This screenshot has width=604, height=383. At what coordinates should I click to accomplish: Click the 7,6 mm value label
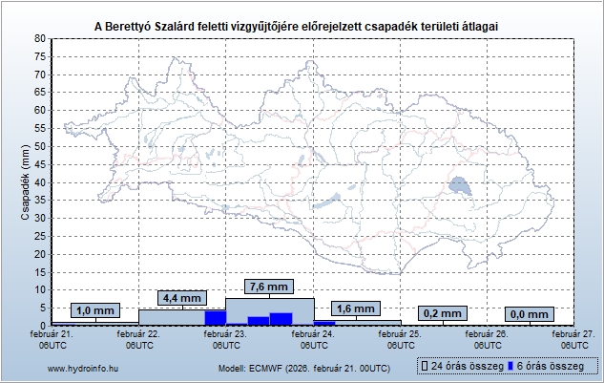click(267, 287)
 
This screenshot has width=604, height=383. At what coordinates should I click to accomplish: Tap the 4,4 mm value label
click(180, 298)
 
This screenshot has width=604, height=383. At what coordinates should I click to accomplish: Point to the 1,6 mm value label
click(355, 309)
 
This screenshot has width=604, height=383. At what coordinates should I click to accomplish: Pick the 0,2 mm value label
click(441, 313)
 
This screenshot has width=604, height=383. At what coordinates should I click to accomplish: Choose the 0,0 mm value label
click(529, 313)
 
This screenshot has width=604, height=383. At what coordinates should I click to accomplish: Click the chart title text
click(302, 25)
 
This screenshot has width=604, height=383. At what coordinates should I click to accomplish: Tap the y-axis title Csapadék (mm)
click(26, 181)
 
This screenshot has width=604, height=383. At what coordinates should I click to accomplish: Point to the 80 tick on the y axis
click(40, 38)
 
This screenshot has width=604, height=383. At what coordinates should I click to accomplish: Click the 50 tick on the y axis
click(40, 146)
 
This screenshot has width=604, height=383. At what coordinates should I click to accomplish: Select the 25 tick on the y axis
click(40, 236)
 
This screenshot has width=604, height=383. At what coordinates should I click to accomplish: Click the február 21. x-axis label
click(52, 339)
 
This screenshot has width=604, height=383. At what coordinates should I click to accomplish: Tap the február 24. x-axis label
click(313, 339)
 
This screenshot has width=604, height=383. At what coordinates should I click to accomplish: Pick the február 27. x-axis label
click(573, 339)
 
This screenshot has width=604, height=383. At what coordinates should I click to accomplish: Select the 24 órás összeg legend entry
click(462, 366)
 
